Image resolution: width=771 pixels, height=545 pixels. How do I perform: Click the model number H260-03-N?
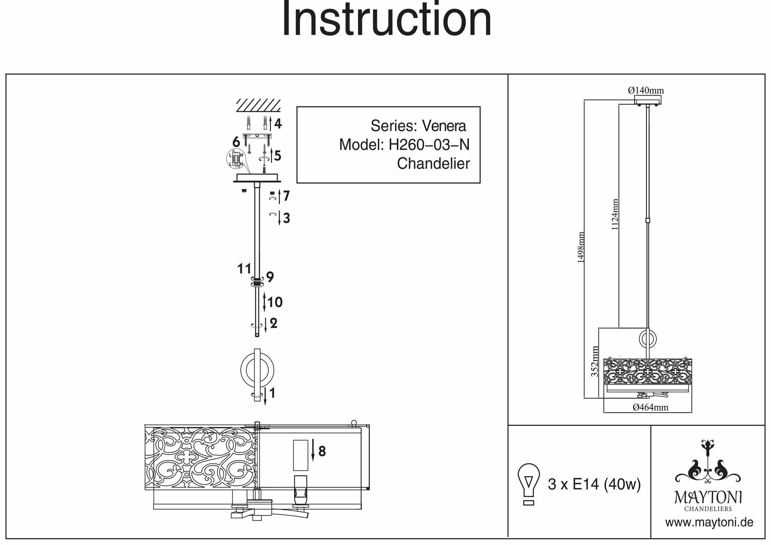(x=429, y=145)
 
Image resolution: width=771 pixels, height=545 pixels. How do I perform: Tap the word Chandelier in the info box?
(x=433, y=164)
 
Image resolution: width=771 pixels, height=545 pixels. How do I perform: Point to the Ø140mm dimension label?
(x=646, y=91)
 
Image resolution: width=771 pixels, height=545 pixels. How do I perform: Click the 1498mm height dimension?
(x=581, y=247)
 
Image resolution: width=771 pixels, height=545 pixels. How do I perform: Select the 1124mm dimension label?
(x=615, y=214)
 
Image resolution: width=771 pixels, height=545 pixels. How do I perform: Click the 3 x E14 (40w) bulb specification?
(x=594, y=484)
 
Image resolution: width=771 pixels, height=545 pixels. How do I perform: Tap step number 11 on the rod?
(x=244, y=269)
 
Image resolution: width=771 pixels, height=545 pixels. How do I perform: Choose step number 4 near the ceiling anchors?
(x=278, y=124)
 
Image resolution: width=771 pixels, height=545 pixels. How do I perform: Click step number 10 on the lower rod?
(x=275, y=302)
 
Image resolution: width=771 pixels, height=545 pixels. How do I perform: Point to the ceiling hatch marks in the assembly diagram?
(x=258, y=104)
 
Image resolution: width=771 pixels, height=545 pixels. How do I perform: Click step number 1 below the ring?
(x=272, y=393)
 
